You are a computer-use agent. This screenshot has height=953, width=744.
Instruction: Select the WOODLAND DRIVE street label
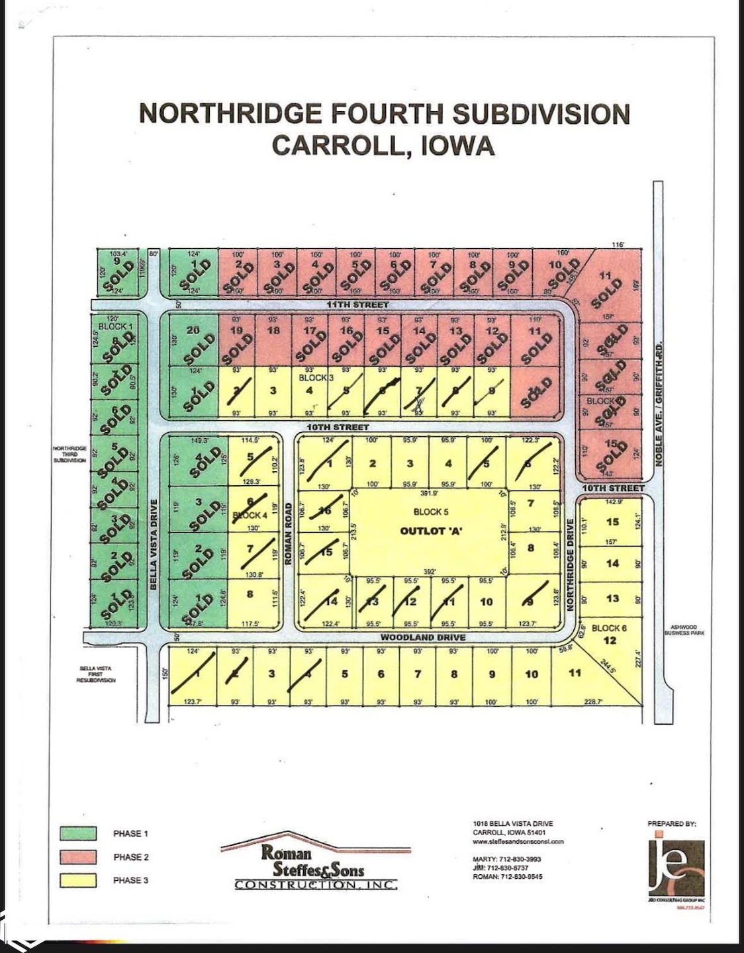click(x=422, y=637)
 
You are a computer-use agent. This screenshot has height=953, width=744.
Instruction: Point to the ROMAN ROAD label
click(x=289, y=533)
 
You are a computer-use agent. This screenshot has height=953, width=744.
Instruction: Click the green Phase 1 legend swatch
click(x=78, y=833)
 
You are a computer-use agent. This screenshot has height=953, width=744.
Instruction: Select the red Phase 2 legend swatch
click(x=78, y=857)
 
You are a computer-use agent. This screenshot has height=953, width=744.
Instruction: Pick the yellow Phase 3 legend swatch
click(x=78, y=880)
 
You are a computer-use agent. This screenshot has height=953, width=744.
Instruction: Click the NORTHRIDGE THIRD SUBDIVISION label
click(x=70, y=454)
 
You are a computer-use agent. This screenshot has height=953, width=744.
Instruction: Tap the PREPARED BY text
click(x=672, y=824)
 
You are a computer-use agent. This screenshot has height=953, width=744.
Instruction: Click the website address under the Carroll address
click(x=518, y=842)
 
